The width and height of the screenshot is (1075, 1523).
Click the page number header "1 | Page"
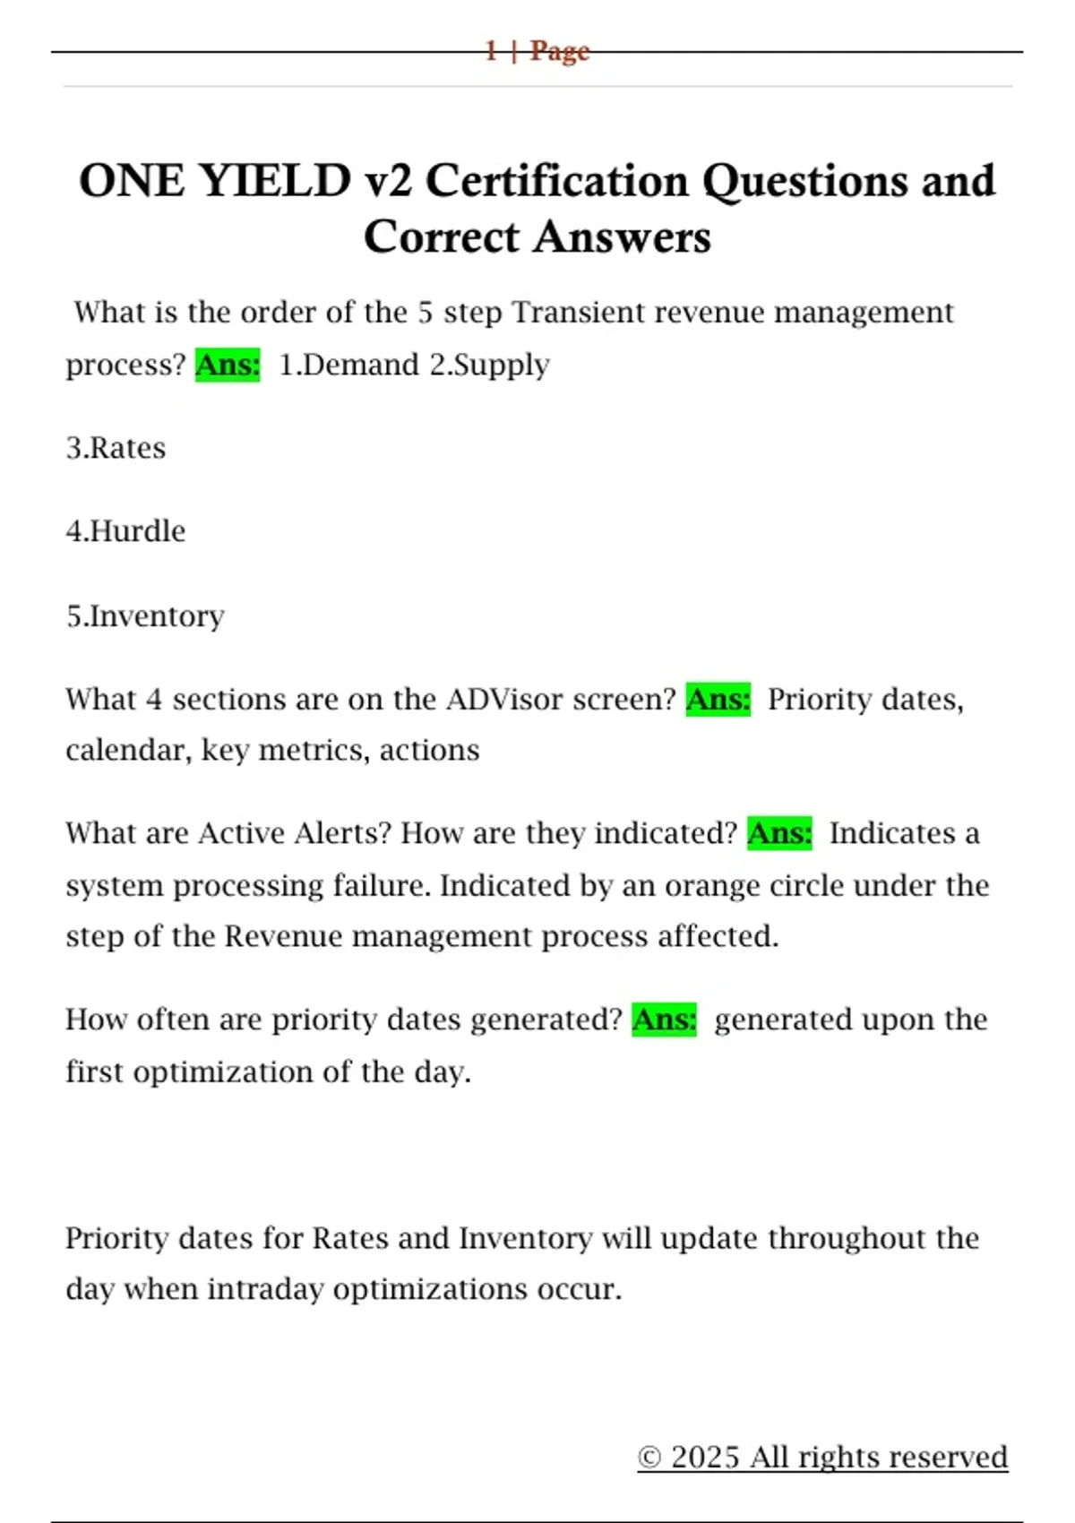(537, 51)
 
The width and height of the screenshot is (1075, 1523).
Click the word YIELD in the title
(274, 181)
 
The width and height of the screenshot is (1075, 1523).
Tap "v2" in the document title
(389, 181)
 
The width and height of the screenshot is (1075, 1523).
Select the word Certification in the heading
(557, 181)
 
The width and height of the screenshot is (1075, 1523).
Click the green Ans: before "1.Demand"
(228, 365)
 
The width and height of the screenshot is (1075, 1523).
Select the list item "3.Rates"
(116, 448)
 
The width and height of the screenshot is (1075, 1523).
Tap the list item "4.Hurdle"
(125, 531)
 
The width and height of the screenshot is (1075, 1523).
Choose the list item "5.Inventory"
(145, 616)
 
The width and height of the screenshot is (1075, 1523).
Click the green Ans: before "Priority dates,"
(718, 699)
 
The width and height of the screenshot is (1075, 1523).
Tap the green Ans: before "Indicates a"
(779, 833)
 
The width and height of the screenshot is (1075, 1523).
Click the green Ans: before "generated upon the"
(664, 1020)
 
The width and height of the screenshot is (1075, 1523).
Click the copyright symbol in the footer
(649, 1458)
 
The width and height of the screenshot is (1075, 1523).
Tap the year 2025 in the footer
(706, 1458)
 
